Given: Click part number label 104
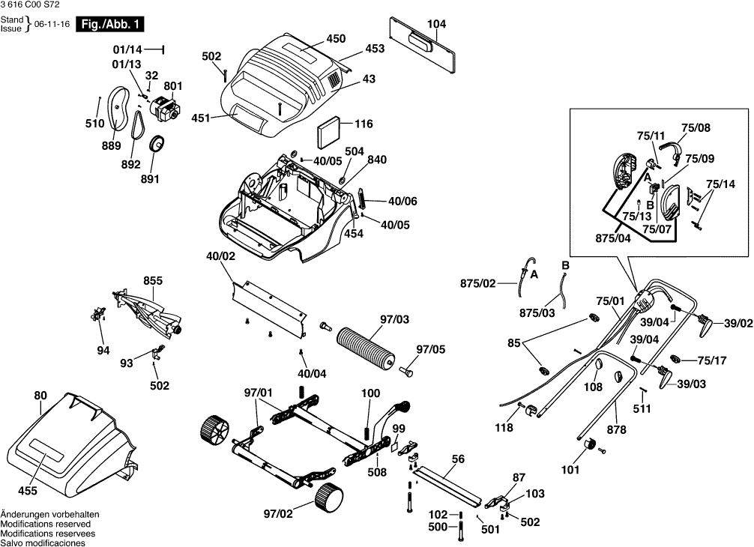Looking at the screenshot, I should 436,24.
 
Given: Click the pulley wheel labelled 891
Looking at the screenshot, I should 157,145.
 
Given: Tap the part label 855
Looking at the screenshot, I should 153,281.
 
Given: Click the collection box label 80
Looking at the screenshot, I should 40,395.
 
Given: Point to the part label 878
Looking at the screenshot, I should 617,429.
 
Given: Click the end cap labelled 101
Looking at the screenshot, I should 588,447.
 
